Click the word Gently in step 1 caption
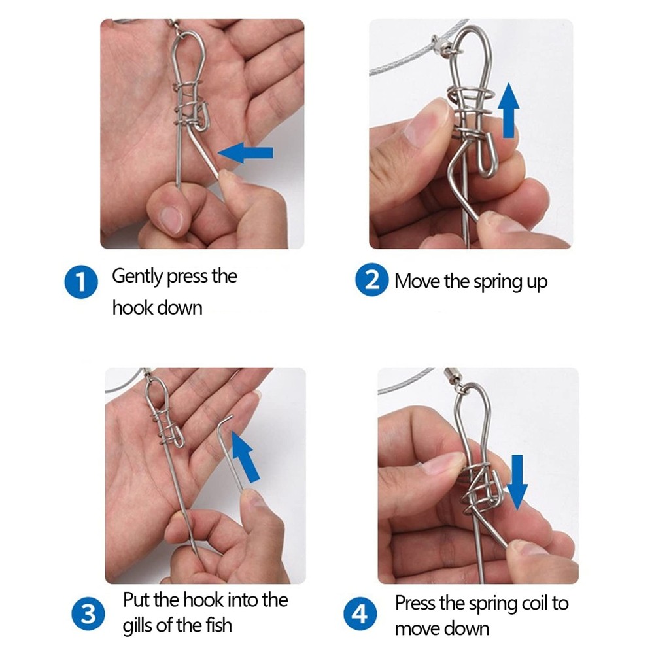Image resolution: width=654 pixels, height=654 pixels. [137, 276]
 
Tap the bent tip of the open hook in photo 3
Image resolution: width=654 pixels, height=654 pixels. [227, 419]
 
